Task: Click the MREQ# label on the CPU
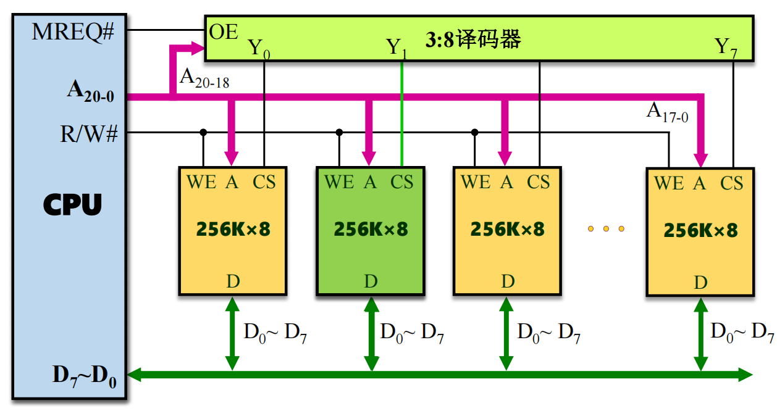click(73, 32)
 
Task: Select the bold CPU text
click(72, 205)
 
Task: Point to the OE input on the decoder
click(224, 32)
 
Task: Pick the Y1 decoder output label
click(397, 48)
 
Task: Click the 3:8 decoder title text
click(474, 39)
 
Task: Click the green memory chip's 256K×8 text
click(371, 229)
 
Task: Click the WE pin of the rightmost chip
click(668, 183)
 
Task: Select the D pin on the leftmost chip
click(233, 281)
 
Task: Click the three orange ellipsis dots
click(606, 229)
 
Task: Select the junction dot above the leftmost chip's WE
click(203, 132)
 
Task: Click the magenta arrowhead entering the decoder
click(198, 47)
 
